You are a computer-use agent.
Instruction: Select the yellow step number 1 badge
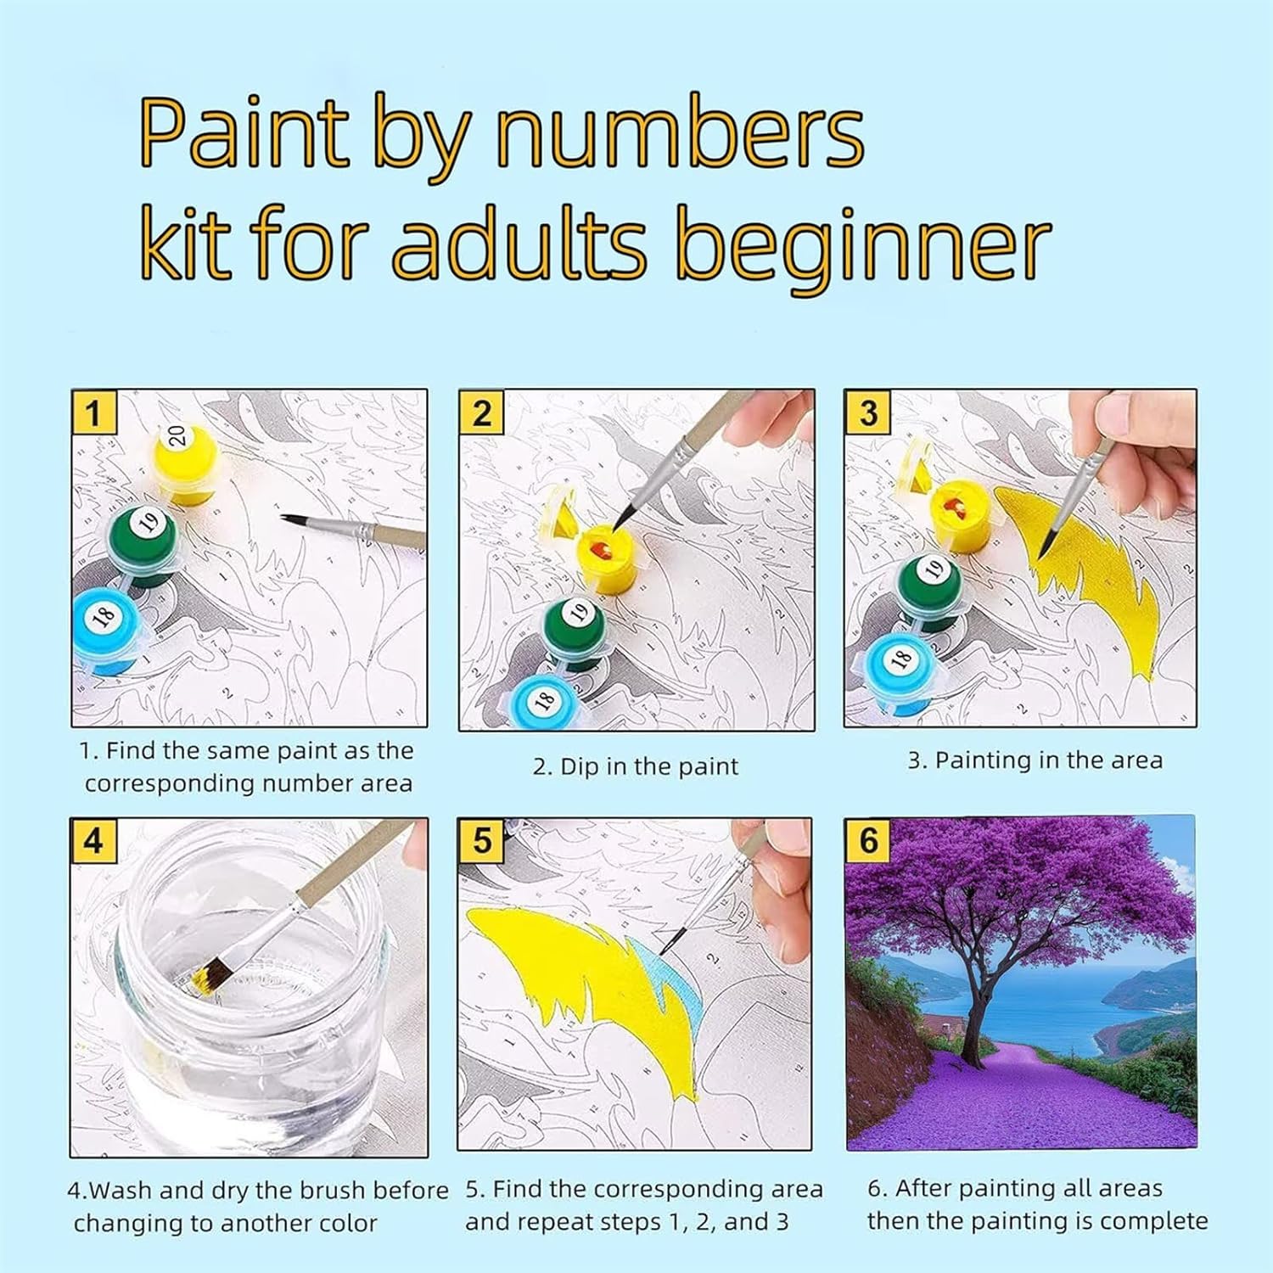93,413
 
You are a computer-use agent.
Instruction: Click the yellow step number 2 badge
481,413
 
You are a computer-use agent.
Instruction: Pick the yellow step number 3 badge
867,413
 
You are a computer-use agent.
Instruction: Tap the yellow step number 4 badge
93,841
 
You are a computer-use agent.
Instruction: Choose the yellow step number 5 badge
481,841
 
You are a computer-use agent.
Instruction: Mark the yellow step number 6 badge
868,841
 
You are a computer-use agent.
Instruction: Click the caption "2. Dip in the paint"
636,766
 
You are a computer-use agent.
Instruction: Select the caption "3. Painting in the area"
1035,760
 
